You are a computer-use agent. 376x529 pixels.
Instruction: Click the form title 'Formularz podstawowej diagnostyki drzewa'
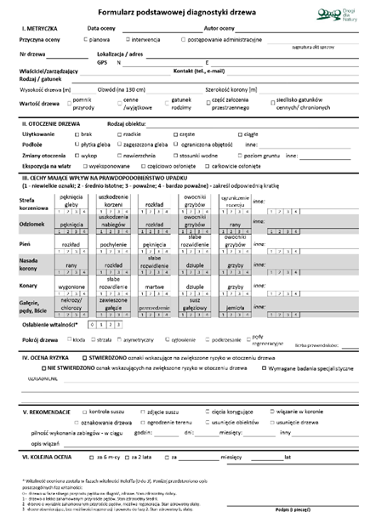tap(170, 11)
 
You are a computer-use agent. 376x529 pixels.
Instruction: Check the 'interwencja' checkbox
tap(128, 39)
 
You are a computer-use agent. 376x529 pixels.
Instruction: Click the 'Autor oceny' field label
tap(224, 28)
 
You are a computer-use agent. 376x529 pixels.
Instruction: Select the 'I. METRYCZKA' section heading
tap(40, 28)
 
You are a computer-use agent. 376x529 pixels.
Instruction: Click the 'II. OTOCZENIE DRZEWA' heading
tap(53, 125)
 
